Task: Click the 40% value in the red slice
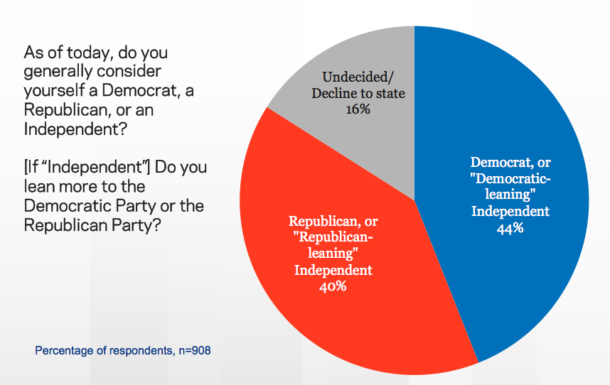tap(333, 286)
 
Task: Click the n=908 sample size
tap(190, 350)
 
